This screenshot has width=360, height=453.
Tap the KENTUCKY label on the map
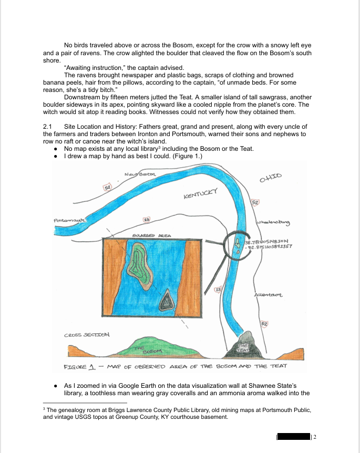pos(200,195)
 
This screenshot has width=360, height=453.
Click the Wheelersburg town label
pos(273,223)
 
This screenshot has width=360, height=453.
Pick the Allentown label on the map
pos(269,295)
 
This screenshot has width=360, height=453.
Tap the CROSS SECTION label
pos(87,335)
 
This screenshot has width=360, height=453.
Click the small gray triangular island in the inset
pos(166,302)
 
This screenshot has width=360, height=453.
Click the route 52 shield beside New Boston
pos(107,187)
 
